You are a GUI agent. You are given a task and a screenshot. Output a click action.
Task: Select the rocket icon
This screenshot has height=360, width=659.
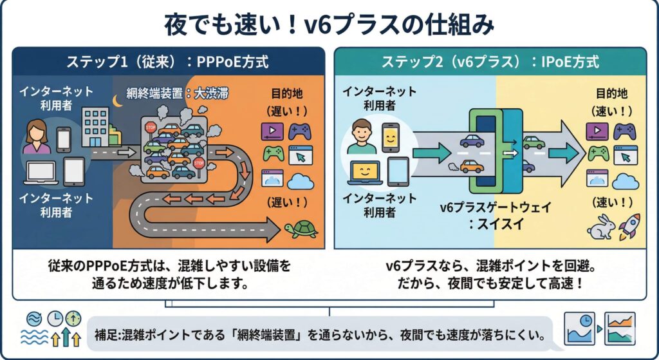tap(627, 227)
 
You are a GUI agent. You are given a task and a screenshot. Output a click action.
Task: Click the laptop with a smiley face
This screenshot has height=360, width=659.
tap(365, 173)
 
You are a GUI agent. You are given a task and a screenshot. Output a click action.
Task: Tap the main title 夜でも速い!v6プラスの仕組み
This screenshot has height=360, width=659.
tap(329, 25)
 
